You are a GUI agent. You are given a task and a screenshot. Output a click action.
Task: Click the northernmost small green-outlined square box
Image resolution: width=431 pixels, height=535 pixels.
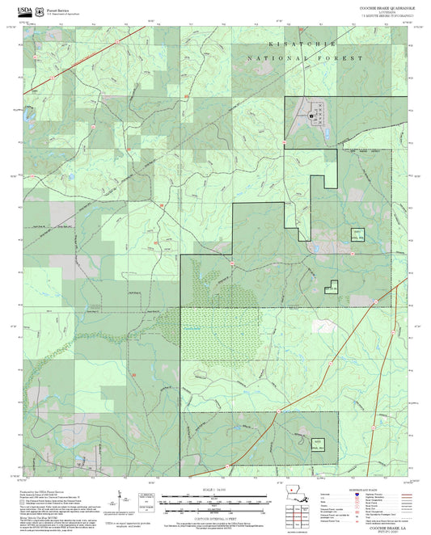(357, 235)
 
